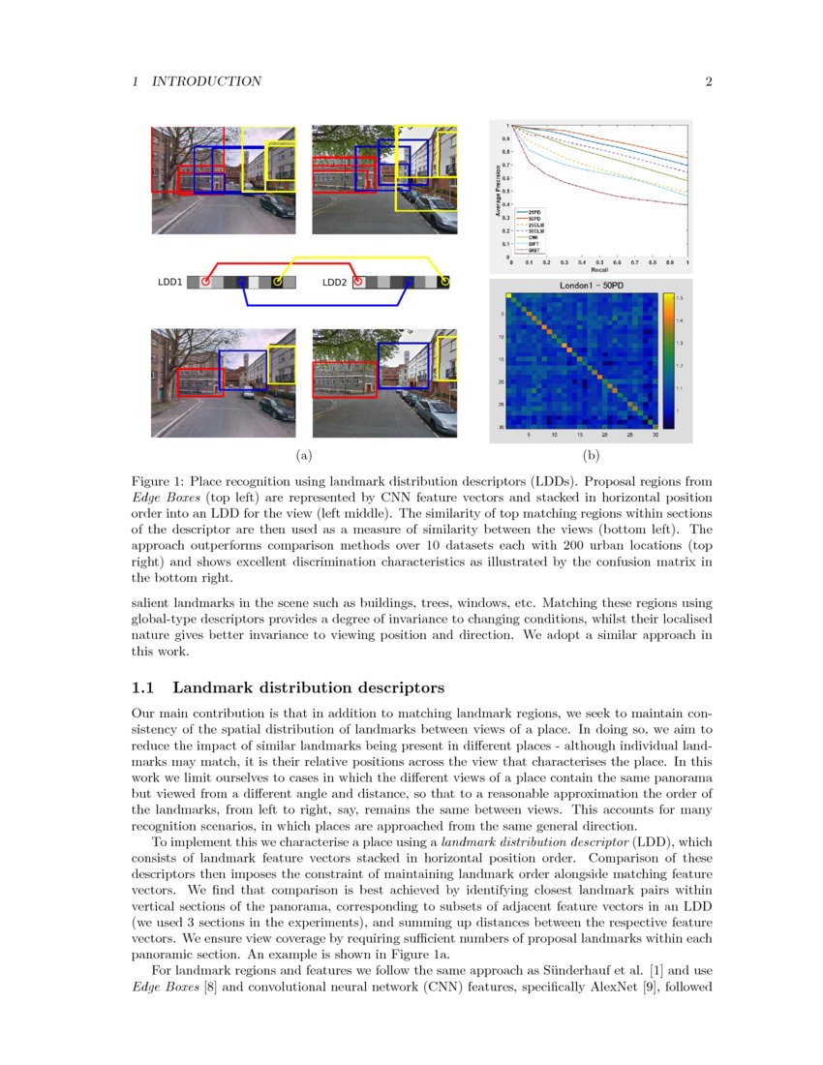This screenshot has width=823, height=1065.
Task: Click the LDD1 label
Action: point(169,282)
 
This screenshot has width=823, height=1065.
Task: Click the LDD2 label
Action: point(333,282)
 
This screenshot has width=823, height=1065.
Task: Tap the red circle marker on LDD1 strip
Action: point(205,282)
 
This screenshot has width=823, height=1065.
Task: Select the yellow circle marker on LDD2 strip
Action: point(443,282)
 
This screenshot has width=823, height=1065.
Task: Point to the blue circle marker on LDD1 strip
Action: point(243,282)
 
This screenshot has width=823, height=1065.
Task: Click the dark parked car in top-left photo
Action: point(276,205)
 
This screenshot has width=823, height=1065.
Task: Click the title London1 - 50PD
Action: point(590,287)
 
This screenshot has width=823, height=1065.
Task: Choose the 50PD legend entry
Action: point(533,218)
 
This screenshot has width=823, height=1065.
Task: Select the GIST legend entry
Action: point(533,250)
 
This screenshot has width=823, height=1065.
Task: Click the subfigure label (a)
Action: point(303,453)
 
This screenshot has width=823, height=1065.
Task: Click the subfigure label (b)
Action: point(591,453)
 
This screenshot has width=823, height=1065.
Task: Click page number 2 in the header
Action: point(709,81)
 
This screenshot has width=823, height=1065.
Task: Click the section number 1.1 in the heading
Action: point(143,688)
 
